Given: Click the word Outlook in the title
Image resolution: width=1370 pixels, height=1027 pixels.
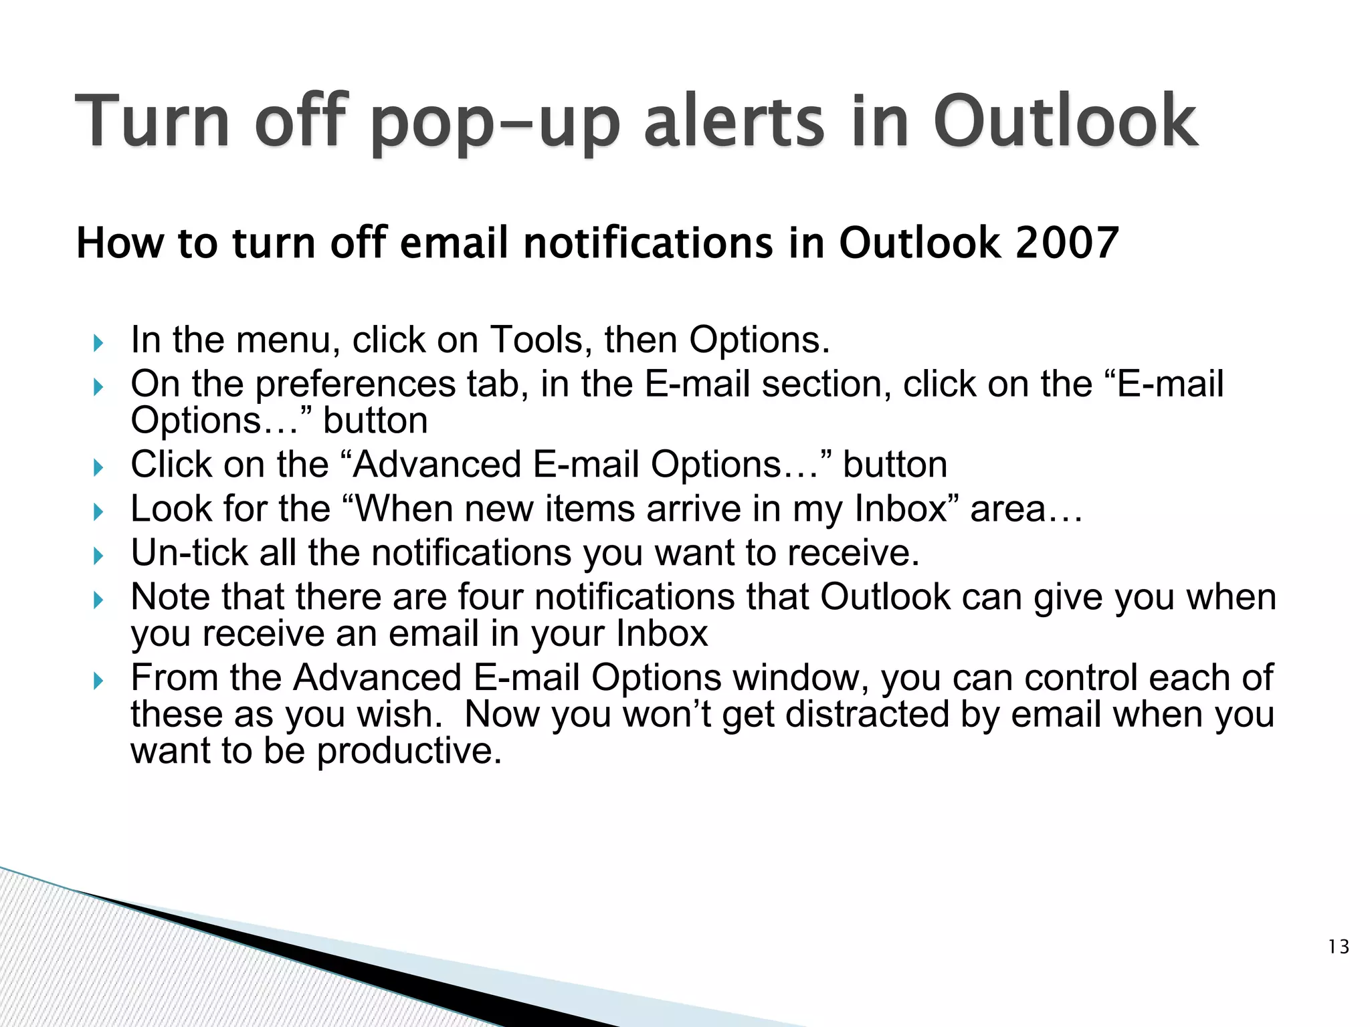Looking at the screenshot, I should [x=1064, y=122].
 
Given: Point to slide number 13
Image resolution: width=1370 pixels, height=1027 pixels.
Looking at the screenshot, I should [x=1339, y=947].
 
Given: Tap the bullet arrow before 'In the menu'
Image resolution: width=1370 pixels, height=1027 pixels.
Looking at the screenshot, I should [x=98, y=344].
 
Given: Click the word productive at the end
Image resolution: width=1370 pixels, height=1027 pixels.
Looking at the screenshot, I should [x=409, y=752].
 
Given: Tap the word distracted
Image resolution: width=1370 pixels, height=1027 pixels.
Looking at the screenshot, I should [x=868, y=714].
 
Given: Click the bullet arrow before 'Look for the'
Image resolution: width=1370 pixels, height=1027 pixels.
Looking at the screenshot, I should [x=98, y=513].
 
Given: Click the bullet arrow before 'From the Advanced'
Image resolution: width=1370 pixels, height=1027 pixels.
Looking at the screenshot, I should [x=98, y=681].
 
